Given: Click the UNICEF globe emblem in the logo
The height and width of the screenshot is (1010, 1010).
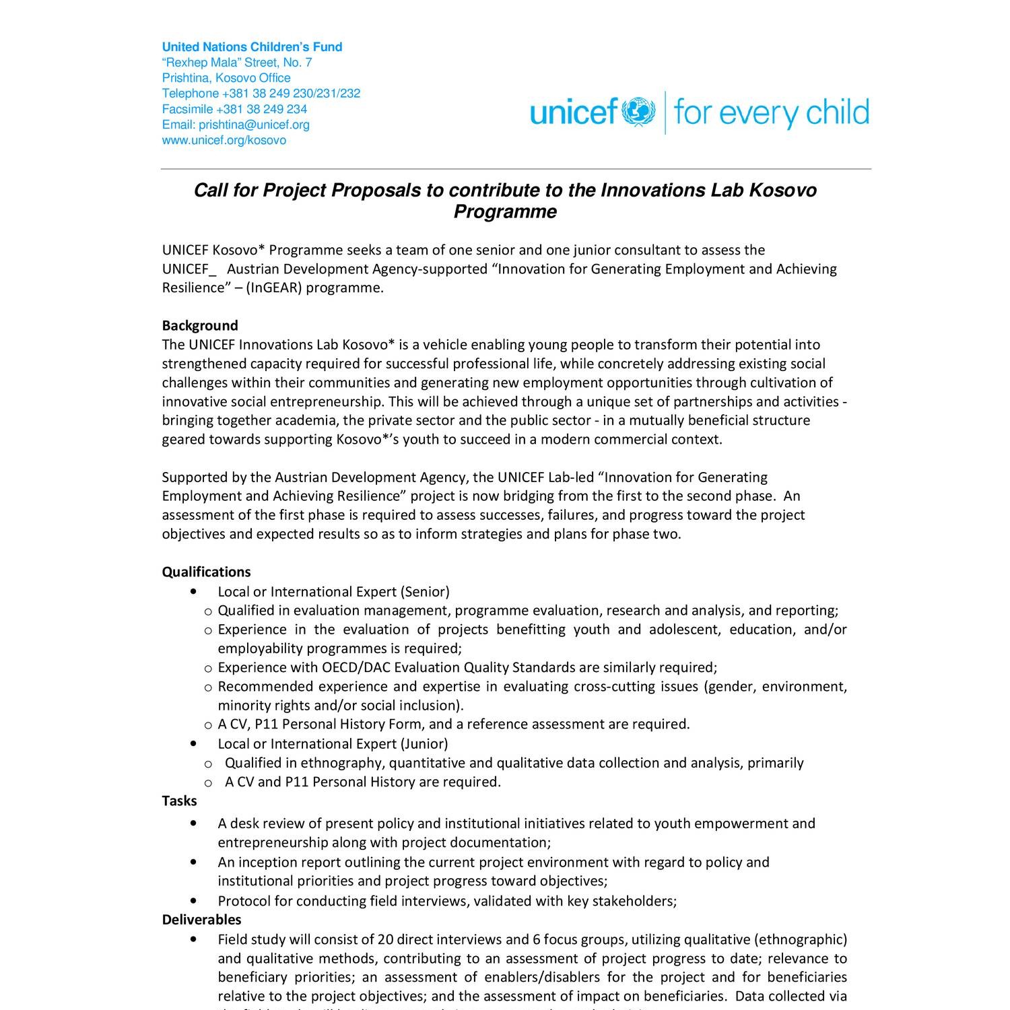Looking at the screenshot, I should [x=638, y=112].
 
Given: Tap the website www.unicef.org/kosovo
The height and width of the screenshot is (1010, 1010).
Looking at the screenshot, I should [x=224, y=140].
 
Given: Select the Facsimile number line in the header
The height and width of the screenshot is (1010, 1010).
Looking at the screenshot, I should [x=234, y=109].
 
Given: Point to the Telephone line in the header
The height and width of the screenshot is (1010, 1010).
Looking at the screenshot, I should [x=261, y=94].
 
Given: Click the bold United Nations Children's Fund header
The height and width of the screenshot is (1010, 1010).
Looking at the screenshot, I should [x=252, y=47].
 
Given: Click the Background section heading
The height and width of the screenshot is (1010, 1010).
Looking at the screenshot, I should [x=200, y=326].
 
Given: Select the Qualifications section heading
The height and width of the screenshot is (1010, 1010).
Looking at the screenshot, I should [x=206, y=572].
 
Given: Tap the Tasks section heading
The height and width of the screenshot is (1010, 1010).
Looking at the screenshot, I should [x=179, y=801].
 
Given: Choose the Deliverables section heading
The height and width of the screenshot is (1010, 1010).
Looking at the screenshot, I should [x=201, y=919].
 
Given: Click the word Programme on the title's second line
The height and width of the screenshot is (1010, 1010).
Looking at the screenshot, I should [x=505, y=212].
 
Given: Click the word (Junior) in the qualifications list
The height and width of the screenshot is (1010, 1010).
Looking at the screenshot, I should [x=424, y=744].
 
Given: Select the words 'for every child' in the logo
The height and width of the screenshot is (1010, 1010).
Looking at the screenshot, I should [x=771, y=112].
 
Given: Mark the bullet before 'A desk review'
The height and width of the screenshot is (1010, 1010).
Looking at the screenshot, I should [x=194, y=823].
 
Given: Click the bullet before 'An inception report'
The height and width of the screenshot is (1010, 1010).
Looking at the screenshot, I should [x=194, y=862].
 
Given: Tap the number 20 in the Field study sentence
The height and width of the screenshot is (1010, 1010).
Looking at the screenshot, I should [x=385, y=939].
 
